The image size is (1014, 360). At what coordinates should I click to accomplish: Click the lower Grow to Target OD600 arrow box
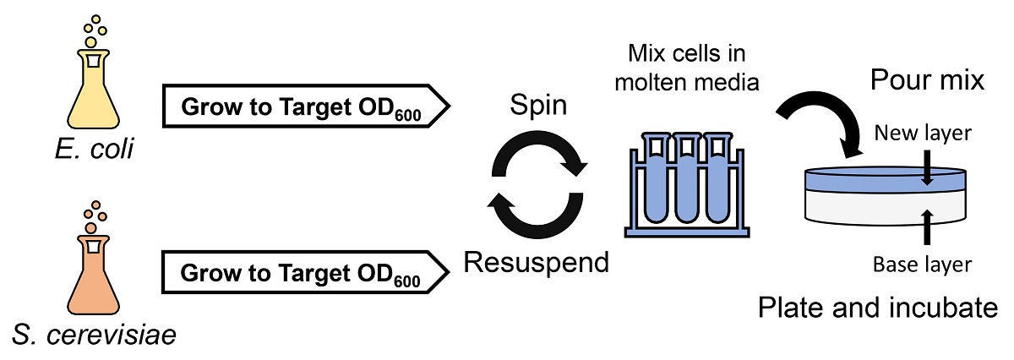tap(305, 273)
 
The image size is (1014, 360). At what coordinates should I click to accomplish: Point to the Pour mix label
tap(927, 81)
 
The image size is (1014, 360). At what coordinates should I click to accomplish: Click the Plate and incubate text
tap(877, 307)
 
